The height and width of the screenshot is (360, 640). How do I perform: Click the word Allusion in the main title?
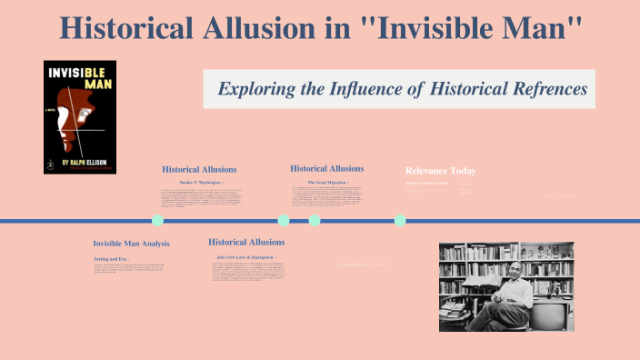(x=275, y=27)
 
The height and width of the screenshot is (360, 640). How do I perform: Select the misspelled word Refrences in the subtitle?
(x=536, y=89)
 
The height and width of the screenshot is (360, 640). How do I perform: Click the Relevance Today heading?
(x=440, y=171)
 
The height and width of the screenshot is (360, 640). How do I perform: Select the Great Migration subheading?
(x=326, y=182)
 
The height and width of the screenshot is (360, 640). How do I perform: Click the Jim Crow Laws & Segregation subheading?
(x=246, y=257)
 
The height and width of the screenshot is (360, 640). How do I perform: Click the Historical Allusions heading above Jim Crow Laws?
(x=246, y=242)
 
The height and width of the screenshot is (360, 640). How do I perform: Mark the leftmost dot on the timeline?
(x=157, y=220)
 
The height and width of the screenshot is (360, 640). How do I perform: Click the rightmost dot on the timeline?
(x=400, y=220)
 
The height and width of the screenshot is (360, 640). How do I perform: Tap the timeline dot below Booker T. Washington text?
(x=157, y=220)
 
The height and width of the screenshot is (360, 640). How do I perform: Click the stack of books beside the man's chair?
(x=452, y=309)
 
